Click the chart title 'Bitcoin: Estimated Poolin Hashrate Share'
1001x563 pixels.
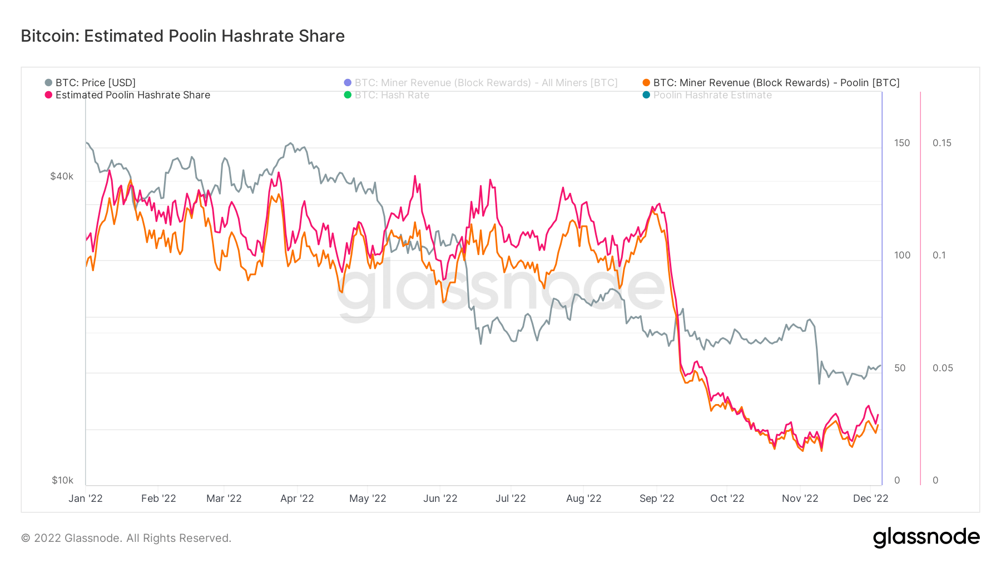pyautogui.click(x=182, y=36)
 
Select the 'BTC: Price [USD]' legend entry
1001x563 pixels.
pyautogui.click(x=95, y=83)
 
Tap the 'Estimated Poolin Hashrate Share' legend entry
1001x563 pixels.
pyautogui.click(x=132, y=95)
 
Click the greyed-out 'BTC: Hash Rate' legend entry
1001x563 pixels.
pyautogui.click(x=392, y=95)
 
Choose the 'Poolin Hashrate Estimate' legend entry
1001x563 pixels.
pyautogui.click(x=712, y=95)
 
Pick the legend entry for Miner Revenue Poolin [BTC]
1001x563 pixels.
pyautogui.click(x=776, y=83)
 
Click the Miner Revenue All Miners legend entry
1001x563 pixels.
pyautogui.click(x=485, y=83)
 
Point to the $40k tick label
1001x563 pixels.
pyautogui.click(x=62, y=176)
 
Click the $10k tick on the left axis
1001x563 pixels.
pyautogui.click(x=62, y=480)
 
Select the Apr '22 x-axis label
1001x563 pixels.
pyautogui.click(x=297, y=499)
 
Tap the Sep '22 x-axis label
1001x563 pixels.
pyautogui.click(x=656, y=499)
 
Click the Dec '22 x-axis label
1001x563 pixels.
pyautogui.click(x=870, y=499)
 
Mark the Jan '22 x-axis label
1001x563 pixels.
pyautogui.click(x=86, y=499)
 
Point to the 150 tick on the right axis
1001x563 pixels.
pyautogui.click(x=901, y=143)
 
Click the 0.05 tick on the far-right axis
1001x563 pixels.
pyautogui.click(x=942, y=368)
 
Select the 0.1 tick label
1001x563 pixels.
pyautogui.click(x=939, y=255)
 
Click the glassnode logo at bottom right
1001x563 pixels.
pyautogui.click(x=926, y=537)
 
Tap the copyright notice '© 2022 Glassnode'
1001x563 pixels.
pyautogui.click(x=126, y=538)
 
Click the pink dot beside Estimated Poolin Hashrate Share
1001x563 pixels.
pyautogui.click(x=48, y=95)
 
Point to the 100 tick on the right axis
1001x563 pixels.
pyautogui.click(x=901, y=255)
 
